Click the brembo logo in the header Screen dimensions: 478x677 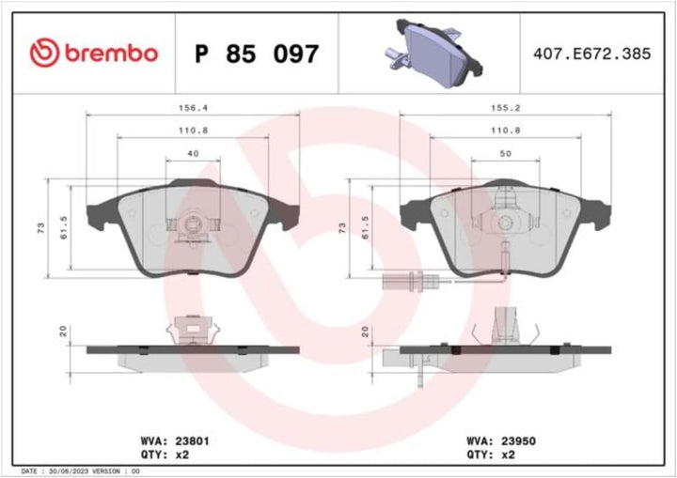click(x=93, y=54)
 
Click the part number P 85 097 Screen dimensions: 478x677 click(x=256, y=54)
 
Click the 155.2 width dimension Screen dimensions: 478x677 click(x=505, y=106)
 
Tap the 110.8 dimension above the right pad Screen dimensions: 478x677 click(x=505, y=129)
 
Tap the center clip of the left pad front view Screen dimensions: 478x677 click(x=192, y=225)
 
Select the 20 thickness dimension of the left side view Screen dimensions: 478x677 click(x=63, y=331)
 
